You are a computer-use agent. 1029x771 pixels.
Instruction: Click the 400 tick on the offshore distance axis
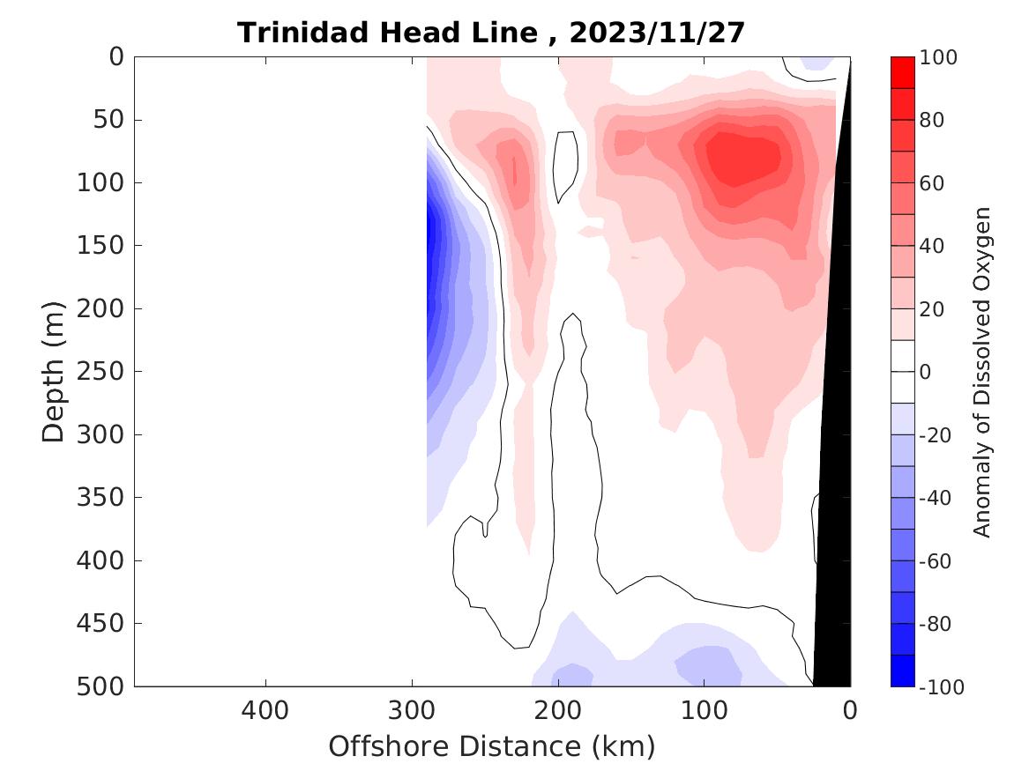tap(265, 709)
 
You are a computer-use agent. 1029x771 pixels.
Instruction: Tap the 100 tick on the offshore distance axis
tap(704, 709)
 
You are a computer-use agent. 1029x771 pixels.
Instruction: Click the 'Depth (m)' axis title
tap(54, 371)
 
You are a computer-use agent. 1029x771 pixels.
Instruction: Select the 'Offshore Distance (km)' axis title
tap(492, 746)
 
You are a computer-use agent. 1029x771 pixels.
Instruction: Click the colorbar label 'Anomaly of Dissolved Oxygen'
tap(982, 372)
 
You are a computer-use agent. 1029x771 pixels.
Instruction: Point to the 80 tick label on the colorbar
tap(931, 121)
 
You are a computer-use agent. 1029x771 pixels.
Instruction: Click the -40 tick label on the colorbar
tap(935, 499)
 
